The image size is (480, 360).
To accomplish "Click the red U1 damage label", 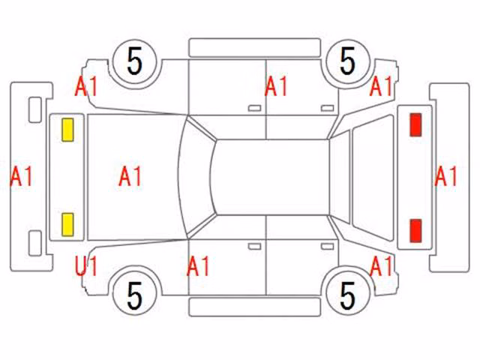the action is tap(86, 266).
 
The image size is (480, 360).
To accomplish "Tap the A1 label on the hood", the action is tap(130, 176).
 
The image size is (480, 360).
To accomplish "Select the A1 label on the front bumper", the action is tap(22, 176).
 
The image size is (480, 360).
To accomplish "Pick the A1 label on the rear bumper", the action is tap(445, 176).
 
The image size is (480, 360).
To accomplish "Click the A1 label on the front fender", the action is tap(86, 87).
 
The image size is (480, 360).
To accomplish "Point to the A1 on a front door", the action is tap(198, 266).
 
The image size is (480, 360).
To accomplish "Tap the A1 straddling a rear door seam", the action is tap(276, 87).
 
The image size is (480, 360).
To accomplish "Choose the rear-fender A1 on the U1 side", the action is tap(381, 266).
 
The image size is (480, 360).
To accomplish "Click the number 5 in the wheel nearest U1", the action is tap(135, 296).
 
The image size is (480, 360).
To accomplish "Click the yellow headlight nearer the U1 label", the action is tap(67, 225).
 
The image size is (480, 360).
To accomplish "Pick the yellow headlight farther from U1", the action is tap(67, 130).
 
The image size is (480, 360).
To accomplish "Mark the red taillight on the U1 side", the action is tap(415, 230).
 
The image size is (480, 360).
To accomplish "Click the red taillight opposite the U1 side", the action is tap(415, 124).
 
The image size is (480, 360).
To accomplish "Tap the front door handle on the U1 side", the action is tap(255, 247).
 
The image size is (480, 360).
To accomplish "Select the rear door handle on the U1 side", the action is tap(328, 247).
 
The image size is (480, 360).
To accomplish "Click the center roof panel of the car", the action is tap(271, 177).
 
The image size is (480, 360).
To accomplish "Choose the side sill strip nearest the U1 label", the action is tap(255, 307).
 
